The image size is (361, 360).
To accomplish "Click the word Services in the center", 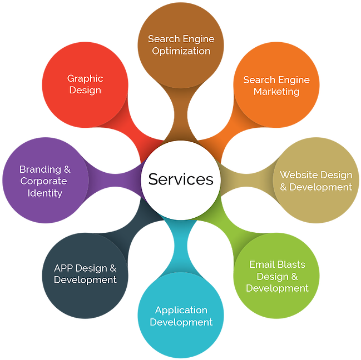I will [x=181, y=179].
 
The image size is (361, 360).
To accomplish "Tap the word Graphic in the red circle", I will [x=85, y=78].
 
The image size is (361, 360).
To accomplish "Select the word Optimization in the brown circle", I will [x=181, y=51].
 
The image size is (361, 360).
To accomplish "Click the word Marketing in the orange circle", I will [x=276, y=92].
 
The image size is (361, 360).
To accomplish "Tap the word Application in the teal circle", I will [x=181, y=310].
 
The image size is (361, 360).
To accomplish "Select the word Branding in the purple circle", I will [x=39, y=169].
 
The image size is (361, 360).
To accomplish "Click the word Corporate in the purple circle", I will [x=43, y=181].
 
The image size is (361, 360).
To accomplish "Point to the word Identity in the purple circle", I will [x=44, y=193].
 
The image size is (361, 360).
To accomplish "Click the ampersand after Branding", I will [x=67, y=169].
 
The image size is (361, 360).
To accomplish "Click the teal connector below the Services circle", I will [x=181, y=244].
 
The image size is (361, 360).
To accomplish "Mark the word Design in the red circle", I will [x=85, y=90].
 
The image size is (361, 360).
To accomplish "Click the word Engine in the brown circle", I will [x=197, y=39].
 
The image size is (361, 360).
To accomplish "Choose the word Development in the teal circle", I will [x=181, y=322].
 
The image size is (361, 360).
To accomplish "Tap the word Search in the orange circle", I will [x=259, y=80].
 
